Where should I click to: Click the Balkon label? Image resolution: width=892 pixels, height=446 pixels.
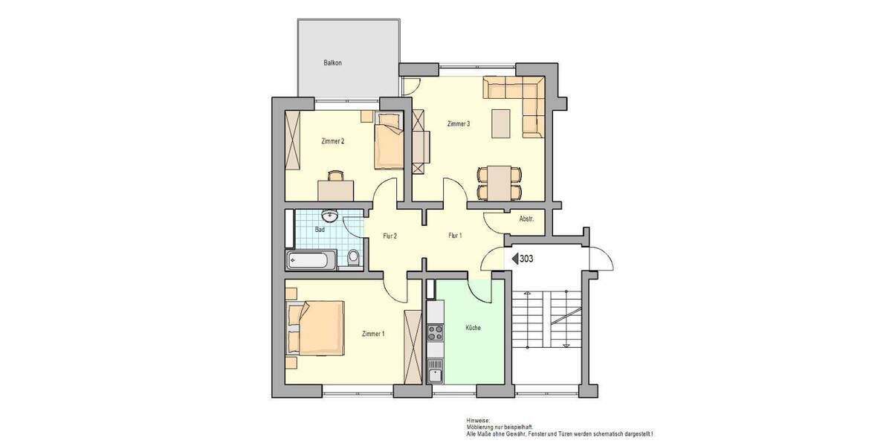coord(332,63)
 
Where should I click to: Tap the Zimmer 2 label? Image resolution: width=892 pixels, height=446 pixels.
coord(332,140)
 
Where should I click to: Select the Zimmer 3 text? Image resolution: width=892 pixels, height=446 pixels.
coord(458,124)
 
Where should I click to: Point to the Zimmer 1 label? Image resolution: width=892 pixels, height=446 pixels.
coord(373,334)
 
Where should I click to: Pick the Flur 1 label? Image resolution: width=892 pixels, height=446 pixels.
coord(455,236)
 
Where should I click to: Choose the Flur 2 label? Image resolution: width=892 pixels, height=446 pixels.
coord(390,236)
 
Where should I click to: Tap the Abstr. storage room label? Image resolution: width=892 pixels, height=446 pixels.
coord(526,219)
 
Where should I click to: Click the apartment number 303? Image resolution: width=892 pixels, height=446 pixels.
coord(526,259)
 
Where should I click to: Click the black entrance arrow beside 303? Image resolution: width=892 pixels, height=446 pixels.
coord(513,259)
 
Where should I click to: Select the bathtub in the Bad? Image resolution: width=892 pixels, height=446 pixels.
coord(311,259)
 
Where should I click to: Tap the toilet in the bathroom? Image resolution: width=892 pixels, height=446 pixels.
coord(354,257)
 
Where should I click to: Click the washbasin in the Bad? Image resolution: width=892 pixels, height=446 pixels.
coord(329,216)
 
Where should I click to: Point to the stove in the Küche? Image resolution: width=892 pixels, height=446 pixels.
coord(435,331)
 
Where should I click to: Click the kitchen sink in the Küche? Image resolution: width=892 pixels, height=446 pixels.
coord(435,371)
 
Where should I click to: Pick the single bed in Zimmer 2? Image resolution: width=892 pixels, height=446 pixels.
coord(389,143)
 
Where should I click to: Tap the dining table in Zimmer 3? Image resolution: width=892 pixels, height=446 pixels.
coord(499,182)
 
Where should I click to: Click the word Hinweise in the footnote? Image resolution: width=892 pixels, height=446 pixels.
coord(478,420)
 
